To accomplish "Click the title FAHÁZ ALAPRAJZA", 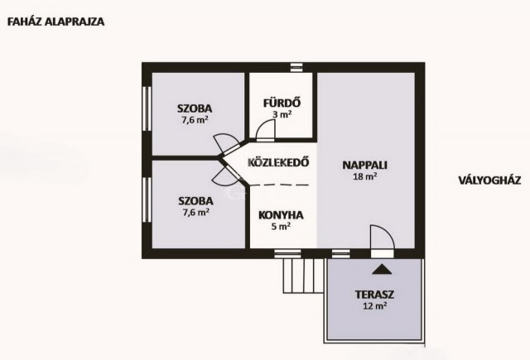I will [55, 22].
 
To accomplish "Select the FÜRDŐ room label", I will [281, 103].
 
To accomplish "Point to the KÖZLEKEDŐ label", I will [278, 163].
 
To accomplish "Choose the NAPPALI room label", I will [365, 165].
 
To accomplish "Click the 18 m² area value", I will [365, 176].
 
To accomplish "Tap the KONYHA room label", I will [281, 214].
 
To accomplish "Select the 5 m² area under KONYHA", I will [281, 226].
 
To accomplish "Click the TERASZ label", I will [373, 295].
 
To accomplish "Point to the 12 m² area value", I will [373, 306].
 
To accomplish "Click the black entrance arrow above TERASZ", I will [382, 268].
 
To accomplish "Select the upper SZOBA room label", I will [195, 108].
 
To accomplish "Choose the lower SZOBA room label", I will [195, 200].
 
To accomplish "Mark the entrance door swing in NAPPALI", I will [383, 239].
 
